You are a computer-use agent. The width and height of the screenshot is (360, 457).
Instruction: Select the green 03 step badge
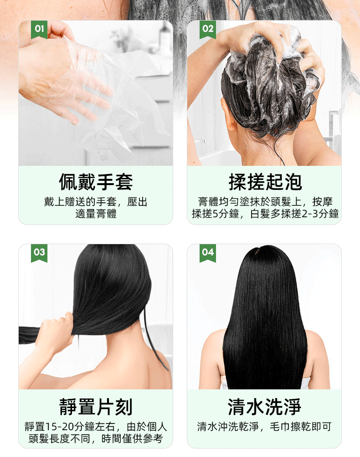coord(39,253)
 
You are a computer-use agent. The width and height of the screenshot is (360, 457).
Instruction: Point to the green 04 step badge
coord(208,253)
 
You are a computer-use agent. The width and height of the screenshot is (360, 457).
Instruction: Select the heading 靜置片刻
coord(96,406)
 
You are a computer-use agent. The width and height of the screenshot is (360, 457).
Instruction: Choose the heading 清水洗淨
coord(264,406)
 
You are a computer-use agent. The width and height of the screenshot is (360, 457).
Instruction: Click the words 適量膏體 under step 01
coord(96,214)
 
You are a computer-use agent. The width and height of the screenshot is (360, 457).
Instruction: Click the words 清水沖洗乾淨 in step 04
coord(229,426)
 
